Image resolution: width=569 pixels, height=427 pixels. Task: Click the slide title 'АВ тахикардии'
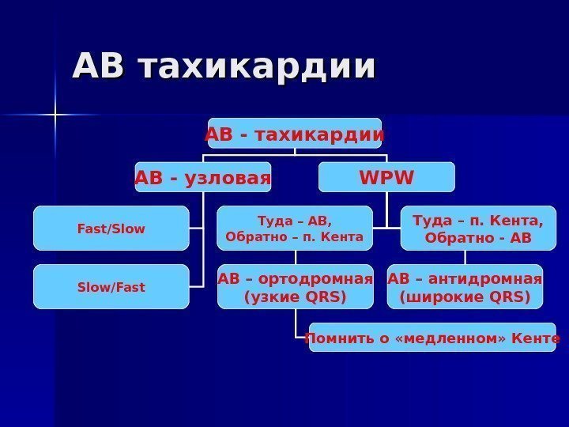point(224,67)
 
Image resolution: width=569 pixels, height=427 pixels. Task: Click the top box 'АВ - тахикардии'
point(295,134)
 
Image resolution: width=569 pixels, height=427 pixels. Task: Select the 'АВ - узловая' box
point(203,177)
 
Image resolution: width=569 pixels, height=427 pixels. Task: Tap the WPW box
point(386,177)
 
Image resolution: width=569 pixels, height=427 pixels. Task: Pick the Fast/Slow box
point(111,229)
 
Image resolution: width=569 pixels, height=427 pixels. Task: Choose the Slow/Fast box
point(111,287)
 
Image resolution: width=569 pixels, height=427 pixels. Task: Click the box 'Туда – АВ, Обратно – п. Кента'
point(295,229)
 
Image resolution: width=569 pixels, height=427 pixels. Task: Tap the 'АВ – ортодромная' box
point(295,287)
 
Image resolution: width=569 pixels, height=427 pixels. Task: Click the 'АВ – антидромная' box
point(465,287)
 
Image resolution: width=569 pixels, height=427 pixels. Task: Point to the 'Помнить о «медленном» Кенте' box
point(432,338)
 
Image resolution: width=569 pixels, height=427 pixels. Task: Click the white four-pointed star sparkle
point(56,116)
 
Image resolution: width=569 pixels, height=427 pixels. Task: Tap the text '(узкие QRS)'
point(295,297)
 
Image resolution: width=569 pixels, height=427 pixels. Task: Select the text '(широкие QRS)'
point(465,297)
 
